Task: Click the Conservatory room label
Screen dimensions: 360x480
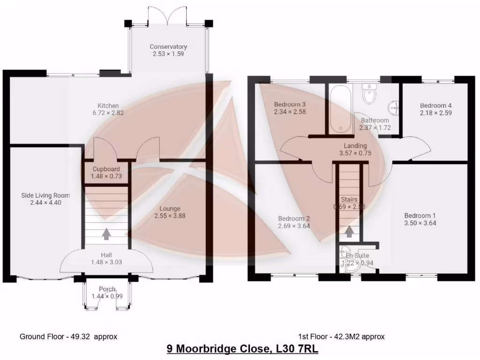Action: pos(168,47)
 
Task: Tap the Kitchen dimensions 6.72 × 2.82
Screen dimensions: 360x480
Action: pos(108,113)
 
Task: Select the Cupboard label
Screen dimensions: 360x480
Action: pos(105,169)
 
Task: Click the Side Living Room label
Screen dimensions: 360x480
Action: pos(45,195)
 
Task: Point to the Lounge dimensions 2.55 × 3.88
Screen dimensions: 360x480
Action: pos(169,216)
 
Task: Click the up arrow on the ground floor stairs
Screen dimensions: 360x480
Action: pos(106,233)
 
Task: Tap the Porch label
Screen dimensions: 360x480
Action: pos(107,289)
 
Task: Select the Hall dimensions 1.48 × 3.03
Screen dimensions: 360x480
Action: pos(106,262)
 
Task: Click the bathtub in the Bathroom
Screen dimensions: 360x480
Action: pos(338,109)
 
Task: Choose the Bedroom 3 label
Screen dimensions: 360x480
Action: pos(290,104)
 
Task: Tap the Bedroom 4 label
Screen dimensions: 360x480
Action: pos(435,105)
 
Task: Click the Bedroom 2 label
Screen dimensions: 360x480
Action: pos(294,218)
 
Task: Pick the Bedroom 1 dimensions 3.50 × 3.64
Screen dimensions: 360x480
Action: pos(420,223)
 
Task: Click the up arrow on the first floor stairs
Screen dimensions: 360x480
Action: pos(349,231)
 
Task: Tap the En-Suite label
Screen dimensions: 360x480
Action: pos(357,255)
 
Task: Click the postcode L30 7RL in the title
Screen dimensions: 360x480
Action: pos(295,349)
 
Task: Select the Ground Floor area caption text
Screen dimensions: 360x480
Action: pos(68,337)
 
